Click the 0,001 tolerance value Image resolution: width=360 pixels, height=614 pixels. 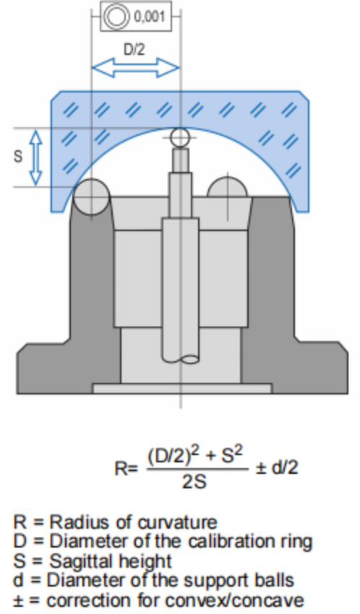tap(149, 17)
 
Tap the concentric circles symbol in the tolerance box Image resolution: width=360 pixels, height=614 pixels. tap(116, 17)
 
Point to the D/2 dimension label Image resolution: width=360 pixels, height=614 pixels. tap(134, 50)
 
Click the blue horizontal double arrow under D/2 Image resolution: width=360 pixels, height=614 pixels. tap(135, 67)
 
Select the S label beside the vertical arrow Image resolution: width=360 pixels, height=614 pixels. tap(18, 157)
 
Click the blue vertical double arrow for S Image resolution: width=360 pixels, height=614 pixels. tap(36, 157)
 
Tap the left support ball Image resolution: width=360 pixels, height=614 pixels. tap(92, 197)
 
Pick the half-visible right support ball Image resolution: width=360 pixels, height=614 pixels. tap(227, 187)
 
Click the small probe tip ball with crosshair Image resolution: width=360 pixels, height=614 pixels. tap(180, 137)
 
